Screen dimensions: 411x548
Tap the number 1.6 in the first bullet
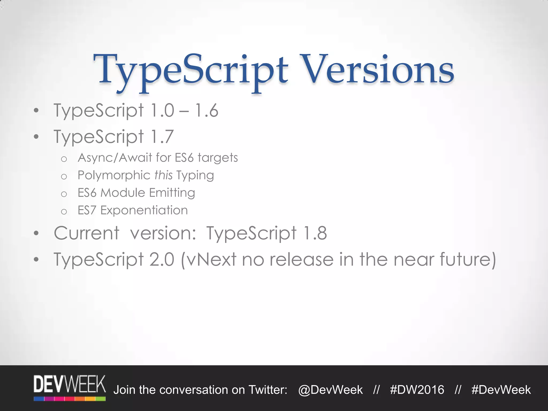[206, 111]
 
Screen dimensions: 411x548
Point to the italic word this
[163, 175]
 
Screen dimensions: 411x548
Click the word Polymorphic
[114, 176]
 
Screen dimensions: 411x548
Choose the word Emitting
[172, 193]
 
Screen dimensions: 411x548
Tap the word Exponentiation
[144, 210]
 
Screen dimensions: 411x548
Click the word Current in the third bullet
[86, 233]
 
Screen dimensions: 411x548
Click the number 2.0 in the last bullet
[162, 259]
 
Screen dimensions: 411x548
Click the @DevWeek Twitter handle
[330, 390]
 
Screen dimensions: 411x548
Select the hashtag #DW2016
[417, 390]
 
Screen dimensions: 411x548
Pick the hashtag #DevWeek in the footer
[501, 390]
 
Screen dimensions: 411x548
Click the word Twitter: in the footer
[268, 390]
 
